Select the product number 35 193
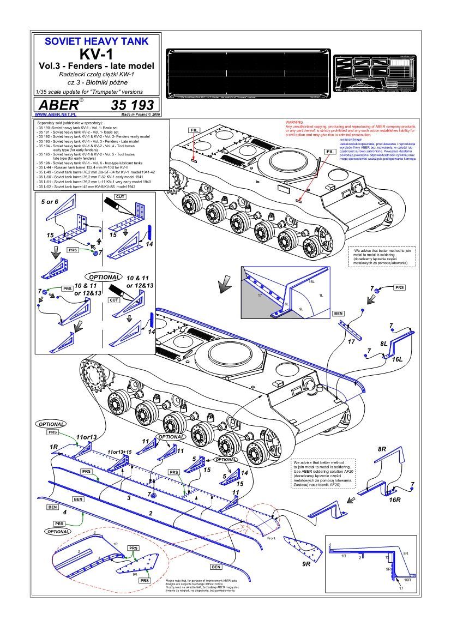coord(132,105)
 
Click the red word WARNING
coord(294,122)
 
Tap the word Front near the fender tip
coord(272,538)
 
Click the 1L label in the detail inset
coord(321,295)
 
